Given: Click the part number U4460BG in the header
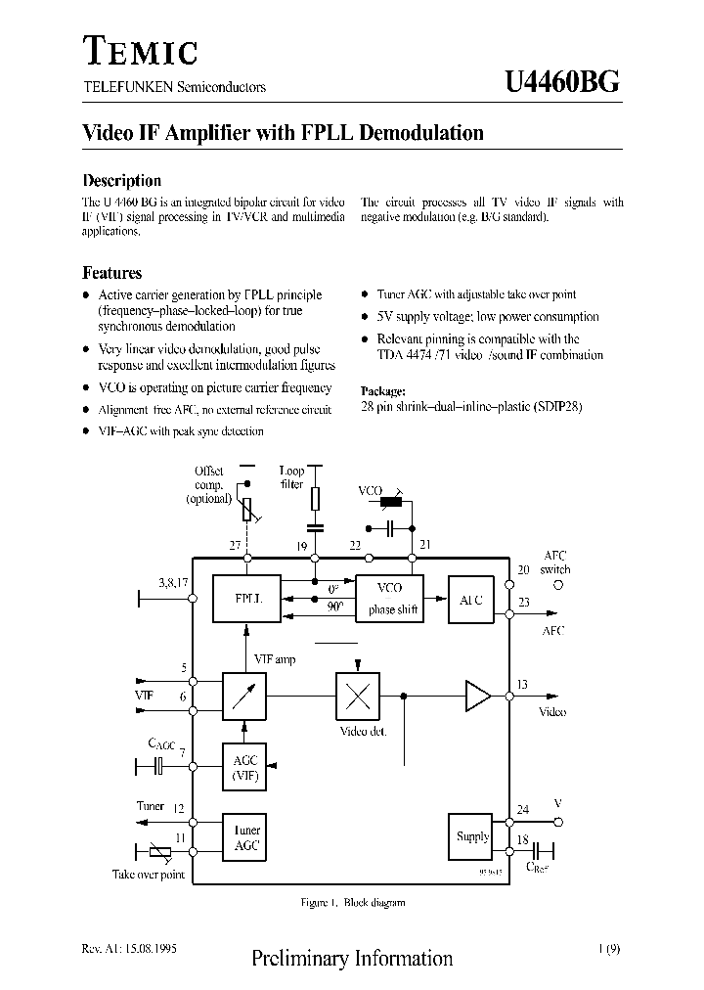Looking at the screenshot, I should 561,82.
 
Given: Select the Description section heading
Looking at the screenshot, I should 121,180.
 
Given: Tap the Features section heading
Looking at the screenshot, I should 111,273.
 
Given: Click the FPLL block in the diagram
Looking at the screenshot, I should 246,598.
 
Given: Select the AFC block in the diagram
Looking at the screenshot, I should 471,600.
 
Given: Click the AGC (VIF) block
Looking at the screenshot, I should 246,767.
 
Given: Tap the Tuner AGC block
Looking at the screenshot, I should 246,837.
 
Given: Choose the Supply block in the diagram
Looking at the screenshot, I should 472,836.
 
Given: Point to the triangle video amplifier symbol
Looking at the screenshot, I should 477,697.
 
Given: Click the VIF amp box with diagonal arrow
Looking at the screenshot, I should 246,697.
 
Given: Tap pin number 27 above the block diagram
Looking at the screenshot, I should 235,545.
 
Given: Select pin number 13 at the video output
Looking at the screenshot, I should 522,685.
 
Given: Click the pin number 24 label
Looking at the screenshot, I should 522,809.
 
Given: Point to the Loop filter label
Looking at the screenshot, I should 291,477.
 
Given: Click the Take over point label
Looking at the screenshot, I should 149,875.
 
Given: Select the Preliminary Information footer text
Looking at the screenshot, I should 352,959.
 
